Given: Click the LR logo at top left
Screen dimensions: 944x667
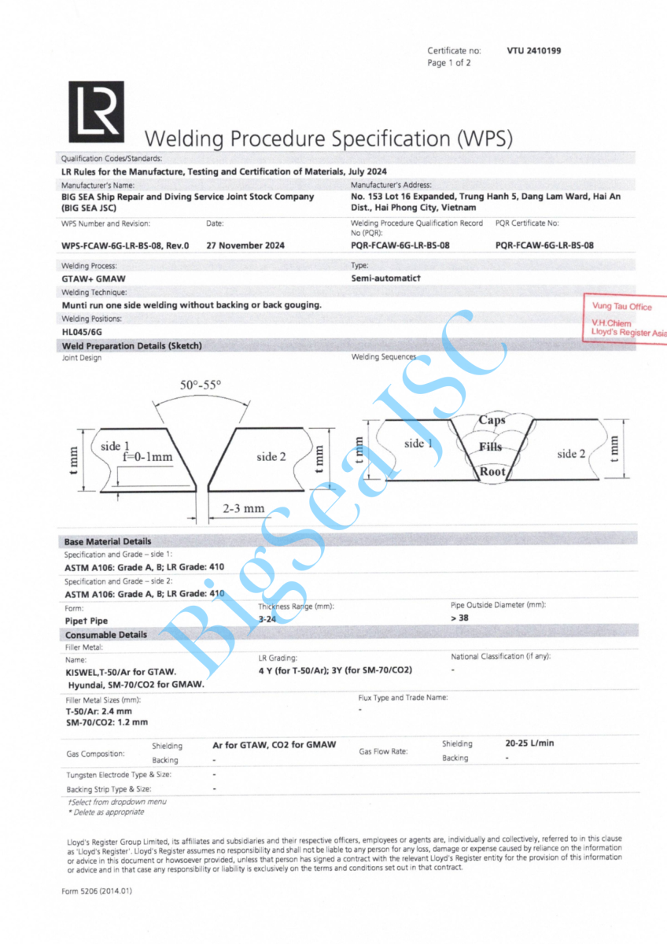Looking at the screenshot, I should (96, 111).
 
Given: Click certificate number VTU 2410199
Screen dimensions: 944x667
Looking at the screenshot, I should (534, 51).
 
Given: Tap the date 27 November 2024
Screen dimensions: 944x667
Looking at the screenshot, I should (245, 245).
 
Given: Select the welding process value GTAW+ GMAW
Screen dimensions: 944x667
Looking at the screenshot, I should (94, 278).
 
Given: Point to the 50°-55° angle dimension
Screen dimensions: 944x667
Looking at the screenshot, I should (201, 385).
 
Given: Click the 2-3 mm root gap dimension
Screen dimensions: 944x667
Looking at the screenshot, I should (243, 508).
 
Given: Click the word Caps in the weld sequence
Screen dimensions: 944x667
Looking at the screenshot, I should (492, 420).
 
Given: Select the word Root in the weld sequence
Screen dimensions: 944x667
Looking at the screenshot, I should (492, 472).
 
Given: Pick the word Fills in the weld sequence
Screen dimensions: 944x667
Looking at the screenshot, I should (491, 447).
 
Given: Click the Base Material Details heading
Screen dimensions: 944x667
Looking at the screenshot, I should (108, 541).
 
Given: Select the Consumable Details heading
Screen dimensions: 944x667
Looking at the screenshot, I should (105, 635).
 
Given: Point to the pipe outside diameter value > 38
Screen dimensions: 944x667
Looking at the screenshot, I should (459, 618).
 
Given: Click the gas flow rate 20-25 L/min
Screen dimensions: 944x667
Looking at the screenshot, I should (530, 743).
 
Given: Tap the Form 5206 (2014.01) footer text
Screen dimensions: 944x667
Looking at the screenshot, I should (98, 891).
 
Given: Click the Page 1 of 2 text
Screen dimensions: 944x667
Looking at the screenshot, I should (449, 63).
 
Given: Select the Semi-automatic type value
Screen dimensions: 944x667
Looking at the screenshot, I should (386, 278).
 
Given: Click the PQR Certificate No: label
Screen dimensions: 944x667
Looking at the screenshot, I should (527, 223).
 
